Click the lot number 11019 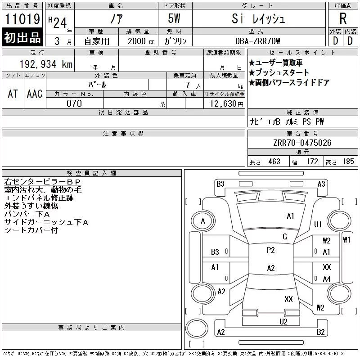22,19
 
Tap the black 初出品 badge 22,37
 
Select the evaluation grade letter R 343,18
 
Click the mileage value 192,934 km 46,64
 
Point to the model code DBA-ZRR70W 257,41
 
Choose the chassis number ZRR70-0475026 302,143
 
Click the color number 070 74,103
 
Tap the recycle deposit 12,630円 226,103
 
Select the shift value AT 13,94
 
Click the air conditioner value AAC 35,94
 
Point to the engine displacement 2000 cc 141,41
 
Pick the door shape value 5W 174,18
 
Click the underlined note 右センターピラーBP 42,182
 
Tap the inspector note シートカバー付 31,230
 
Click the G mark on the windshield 285,237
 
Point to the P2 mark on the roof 271,250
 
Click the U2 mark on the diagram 283,322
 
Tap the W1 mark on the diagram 346,240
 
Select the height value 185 348,162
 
